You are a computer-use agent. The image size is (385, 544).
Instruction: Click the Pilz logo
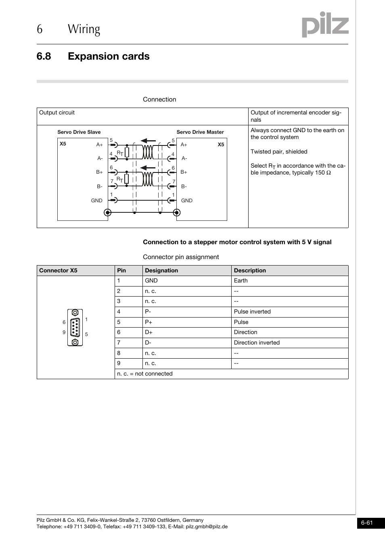point(325,25)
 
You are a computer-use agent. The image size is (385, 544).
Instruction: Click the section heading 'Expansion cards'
point(109,56)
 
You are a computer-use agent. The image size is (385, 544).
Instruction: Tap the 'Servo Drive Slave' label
point(79,132)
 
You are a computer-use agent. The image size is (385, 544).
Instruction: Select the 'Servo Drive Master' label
point(200,132)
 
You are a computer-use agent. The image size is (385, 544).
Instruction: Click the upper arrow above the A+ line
point(148,141)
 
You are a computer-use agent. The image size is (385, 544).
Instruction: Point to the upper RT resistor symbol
point(127,152)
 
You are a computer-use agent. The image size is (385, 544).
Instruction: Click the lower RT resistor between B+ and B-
point(127,179)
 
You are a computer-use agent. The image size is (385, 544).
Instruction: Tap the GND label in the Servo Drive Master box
point(186,200)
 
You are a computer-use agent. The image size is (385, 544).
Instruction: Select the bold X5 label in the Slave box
point(63,144)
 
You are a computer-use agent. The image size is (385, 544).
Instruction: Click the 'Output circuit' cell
point(57,113)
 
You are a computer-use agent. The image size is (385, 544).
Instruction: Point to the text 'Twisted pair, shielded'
point(279,152)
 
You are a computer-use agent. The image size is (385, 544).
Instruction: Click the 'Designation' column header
point(161,270)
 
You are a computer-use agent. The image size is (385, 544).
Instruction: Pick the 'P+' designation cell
point(149,322)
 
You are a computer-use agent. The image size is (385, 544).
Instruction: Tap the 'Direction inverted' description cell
point(257,343)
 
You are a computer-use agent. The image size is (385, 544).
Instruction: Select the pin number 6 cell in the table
point(119,332)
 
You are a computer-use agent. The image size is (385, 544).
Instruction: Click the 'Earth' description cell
point(241,280)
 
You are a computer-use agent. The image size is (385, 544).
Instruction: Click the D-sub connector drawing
point(75,327)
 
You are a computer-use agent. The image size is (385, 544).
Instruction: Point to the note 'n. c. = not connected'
point(144,374)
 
